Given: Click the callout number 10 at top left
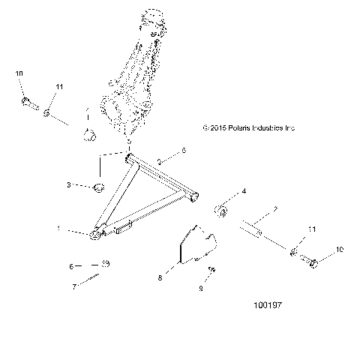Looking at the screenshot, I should (19, 73).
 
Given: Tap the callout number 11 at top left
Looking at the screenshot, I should (60, 88).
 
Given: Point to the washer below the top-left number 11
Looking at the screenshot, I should (46, 112).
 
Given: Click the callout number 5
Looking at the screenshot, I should (184, 151).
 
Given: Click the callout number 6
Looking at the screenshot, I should (72, 265).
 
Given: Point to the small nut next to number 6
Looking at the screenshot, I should (106, 264).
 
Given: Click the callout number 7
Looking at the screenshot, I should (74, 286).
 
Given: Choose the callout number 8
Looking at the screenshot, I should (160, 277).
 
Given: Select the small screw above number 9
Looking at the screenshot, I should (212, 271).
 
